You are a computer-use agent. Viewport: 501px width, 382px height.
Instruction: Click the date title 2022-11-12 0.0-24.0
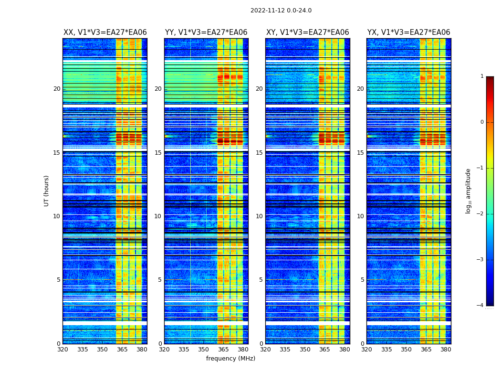(281, 11)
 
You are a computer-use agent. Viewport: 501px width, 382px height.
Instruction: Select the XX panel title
(105, 32)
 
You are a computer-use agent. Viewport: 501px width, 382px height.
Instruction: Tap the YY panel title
(206, 32)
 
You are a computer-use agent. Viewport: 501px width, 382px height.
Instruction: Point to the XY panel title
(307, 32)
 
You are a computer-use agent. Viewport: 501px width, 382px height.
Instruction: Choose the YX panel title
(408, 32)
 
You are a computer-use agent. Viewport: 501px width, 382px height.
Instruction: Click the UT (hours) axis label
(47, 191)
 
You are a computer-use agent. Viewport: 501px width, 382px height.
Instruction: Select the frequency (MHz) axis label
(230, 359)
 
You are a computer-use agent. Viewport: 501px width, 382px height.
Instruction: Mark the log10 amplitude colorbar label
(469, 191)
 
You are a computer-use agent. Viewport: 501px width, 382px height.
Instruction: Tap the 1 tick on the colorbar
(482, 76)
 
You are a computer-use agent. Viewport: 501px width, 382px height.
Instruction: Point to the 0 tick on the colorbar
(482, 122)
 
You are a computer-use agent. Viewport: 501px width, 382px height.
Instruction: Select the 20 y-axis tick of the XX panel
(57, 89)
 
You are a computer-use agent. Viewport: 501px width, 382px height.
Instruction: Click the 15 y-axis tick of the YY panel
(158, 153)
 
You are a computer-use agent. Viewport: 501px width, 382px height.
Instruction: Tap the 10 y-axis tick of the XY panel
(259, 216)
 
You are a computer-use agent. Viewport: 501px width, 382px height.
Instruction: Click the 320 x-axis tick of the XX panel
(63, 350)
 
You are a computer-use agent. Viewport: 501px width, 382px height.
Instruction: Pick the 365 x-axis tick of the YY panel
(223, 350)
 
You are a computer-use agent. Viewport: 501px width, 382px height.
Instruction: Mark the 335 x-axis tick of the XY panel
(285, 350)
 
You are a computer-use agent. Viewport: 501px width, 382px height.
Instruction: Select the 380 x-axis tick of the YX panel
(446, 350)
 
